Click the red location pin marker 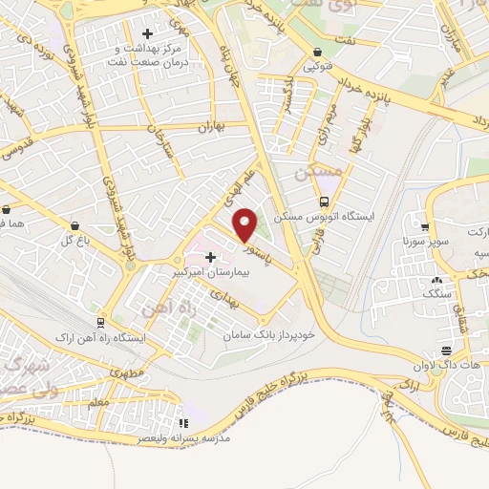point(245,225)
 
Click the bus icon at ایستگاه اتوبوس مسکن point(325,202)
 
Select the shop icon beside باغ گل point(74,225)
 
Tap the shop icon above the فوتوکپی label point(316,53)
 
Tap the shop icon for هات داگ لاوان point(446,351)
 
